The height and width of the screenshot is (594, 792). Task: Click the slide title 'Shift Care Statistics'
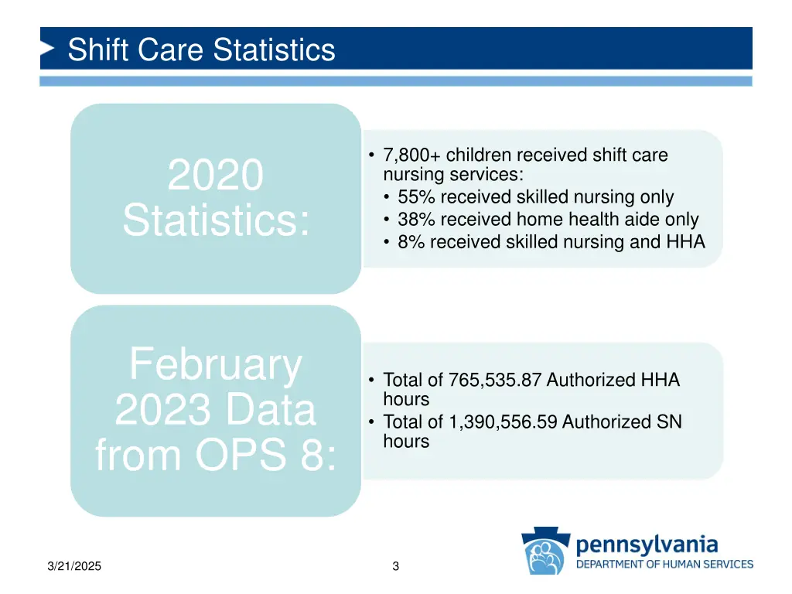coord(201,50)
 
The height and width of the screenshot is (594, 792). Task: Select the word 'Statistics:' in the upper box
coord(216,220)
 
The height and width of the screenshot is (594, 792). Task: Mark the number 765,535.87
coord(497,380)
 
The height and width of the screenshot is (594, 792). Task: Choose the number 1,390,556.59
coord(503,422)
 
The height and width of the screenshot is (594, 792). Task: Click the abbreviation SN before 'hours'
coord(669,422)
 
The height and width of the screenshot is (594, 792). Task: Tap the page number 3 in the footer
coord(395,567)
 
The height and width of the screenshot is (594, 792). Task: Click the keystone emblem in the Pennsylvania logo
coord(546,551)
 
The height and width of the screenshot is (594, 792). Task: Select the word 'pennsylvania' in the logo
coord(647,544)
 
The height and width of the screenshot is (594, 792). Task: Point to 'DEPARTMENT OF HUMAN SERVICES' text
coord(664,564)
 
